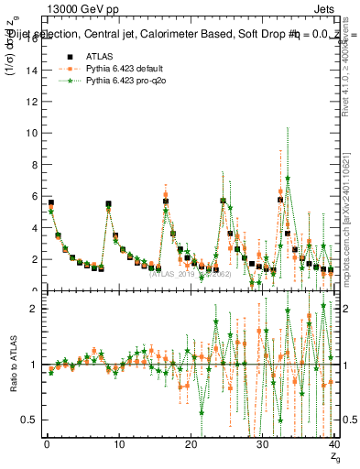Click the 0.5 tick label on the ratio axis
click(x=30, y=420)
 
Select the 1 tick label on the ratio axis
click(x=35, y=365)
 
